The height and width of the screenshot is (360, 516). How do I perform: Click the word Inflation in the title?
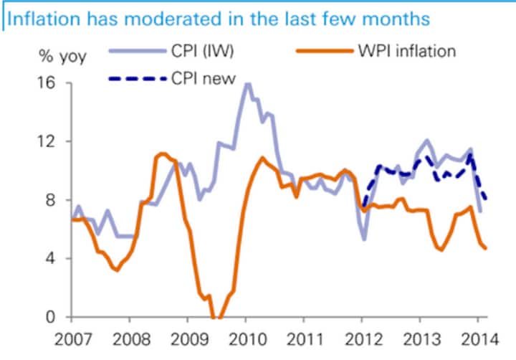click(41, 17)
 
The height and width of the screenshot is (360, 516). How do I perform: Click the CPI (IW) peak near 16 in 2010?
click(247, 84)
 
